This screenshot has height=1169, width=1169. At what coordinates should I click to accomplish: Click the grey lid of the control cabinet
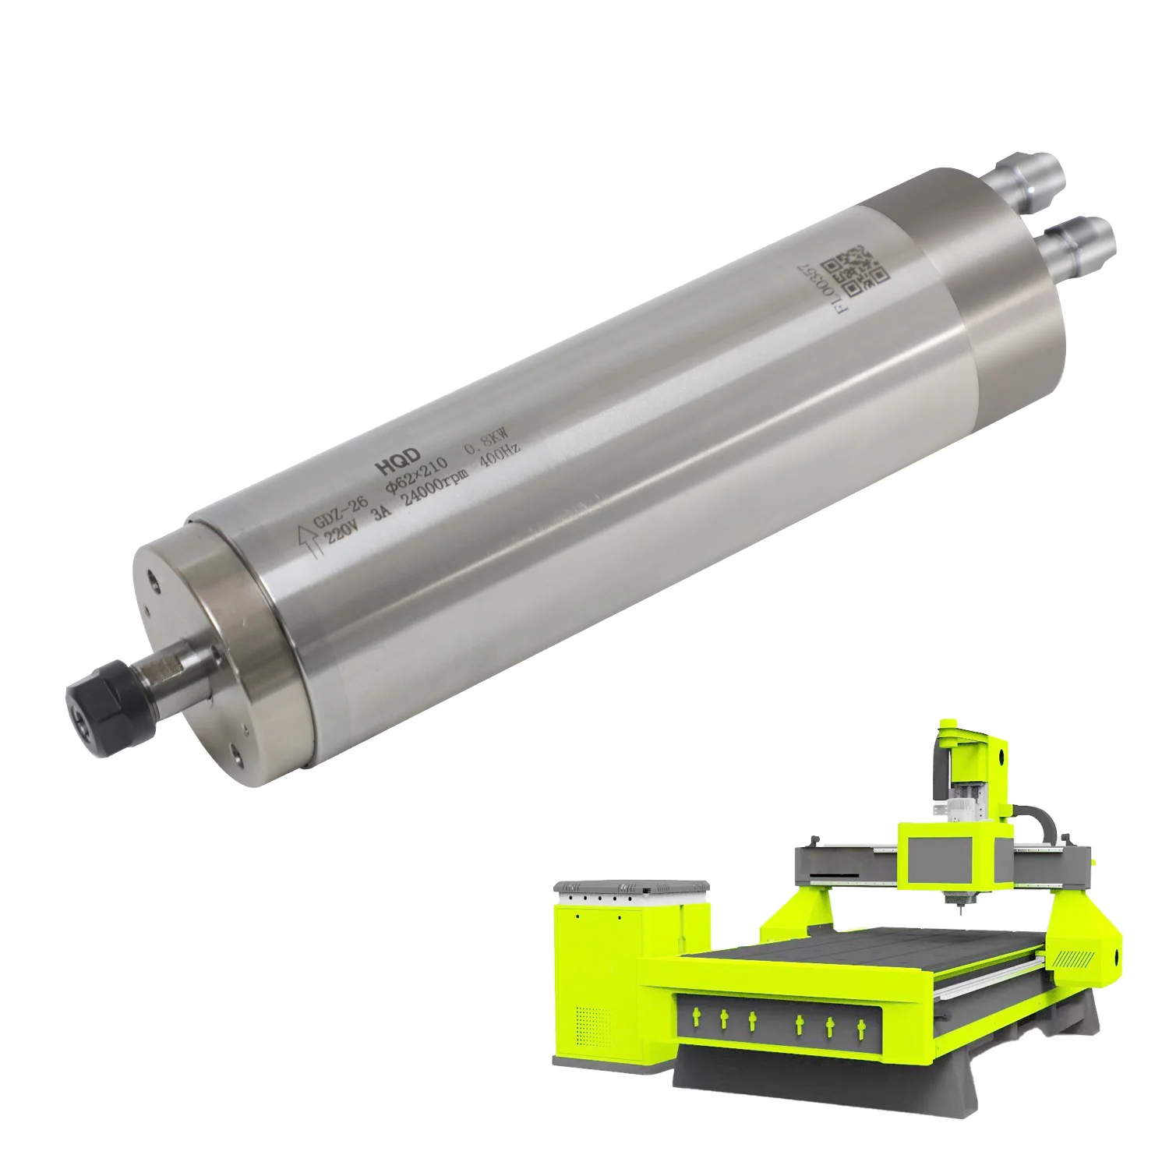(631, 887)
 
